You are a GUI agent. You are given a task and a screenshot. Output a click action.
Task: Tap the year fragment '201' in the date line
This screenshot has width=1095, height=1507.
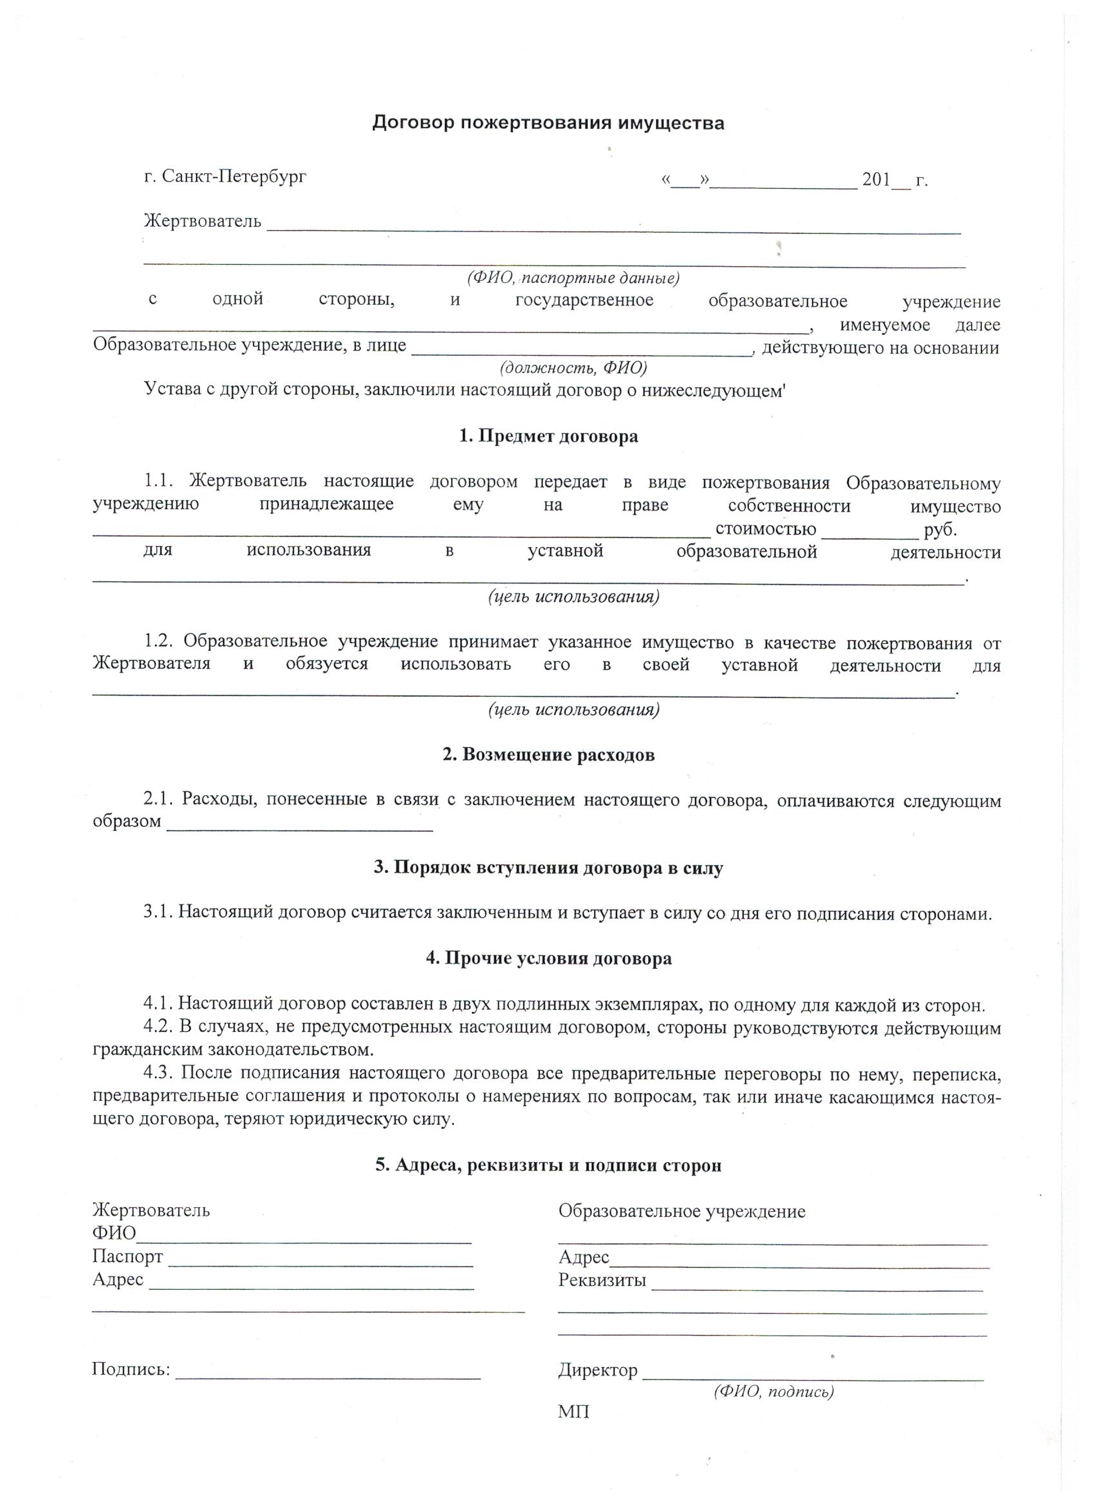[875, 180]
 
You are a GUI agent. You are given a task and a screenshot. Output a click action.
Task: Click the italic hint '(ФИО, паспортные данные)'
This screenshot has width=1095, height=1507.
[573, 278]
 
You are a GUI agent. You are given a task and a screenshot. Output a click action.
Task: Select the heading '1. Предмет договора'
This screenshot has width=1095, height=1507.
[549, 436]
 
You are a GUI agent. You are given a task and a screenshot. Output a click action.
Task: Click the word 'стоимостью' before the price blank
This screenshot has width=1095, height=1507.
[765, 529]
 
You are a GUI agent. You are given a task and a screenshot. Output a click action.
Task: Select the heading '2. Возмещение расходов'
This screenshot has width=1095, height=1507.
[549, 755]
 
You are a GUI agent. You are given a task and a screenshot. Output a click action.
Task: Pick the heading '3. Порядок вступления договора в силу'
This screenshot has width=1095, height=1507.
[549, 868]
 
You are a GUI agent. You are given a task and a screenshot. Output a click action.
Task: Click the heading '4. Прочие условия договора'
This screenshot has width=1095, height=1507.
[549, 959]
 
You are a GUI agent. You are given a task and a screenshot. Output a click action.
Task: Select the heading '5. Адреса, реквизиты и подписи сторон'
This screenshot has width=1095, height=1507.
[549, 1165]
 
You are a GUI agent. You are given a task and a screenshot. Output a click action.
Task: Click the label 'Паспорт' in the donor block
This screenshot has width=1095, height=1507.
[128, 1257]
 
